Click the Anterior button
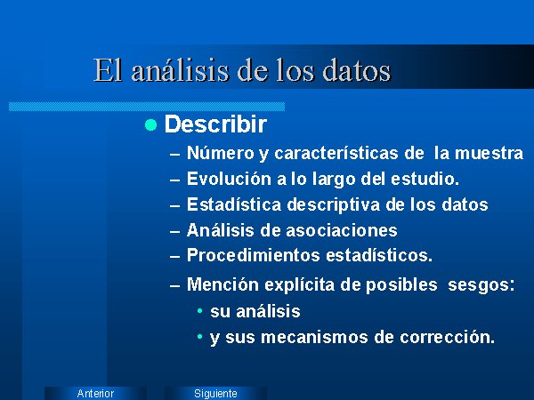point(95,393)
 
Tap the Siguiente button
point(215,393)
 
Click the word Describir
point(215,124)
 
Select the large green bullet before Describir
point(150,124)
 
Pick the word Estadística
point(234,204)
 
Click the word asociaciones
point(342,230)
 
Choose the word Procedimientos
point(254,255)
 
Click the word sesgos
point(481,285)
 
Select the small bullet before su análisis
point(200,310)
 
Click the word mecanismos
point(314,337)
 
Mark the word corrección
point(447,337)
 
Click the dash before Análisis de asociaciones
point(174,232)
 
